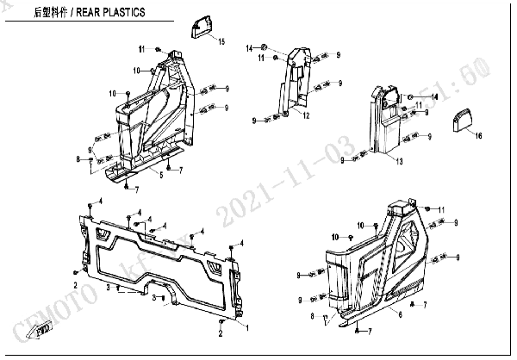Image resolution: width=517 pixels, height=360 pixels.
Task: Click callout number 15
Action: pyautogui.click(x=221, y=41)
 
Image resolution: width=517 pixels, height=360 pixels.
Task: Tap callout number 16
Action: pyautogui.click(x=479, y=136)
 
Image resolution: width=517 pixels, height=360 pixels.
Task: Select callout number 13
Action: pyautogui.click(x=399, y=161)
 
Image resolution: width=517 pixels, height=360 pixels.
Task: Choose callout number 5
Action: pyautogui.click(x=160, y=175)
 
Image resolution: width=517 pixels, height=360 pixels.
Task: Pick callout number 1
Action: pyautogui.click(x=249, y=328)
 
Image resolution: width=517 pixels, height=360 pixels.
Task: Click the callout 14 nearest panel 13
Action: pyautogui.click(x=434, y=98)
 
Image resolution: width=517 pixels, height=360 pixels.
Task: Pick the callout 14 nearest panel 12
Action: pyautogui.click(x=249, y=47)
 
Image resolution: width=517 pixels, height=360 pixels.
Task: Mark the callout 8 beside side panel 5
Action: pyautogui.click(x=78, y=159)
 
